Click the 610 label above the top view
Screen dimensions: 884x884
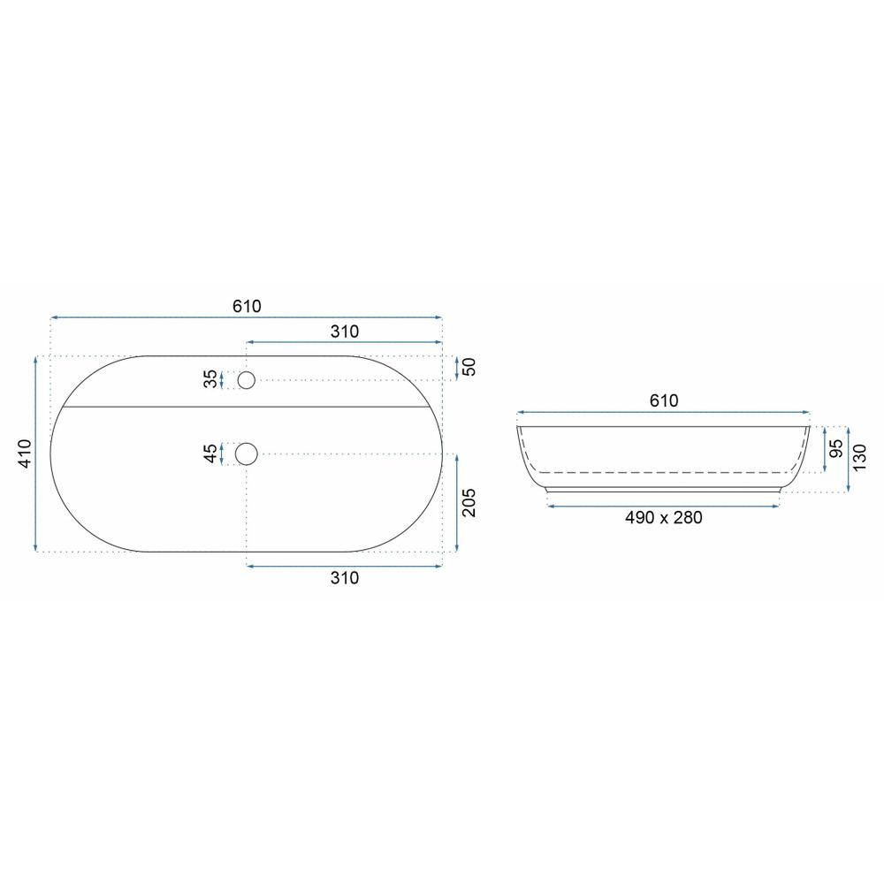tap(247, 306)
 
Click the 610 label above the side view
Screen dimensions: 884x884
tap(664, 400)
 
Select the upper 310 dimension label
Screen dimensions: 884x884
tap(345, 331)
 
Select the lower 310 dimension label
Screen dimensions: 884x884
tap(345, 578)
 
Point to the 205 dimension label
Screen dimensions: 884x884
tap(469, 502)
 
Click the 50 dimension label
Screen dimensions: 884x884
tap(469, 367)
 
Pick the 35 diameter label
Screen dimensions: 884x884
tap(210, 379)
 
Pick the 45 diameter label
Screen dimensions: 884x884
tap(210, 453)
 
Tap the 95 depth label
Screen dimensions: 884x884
tap(837, 448)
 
